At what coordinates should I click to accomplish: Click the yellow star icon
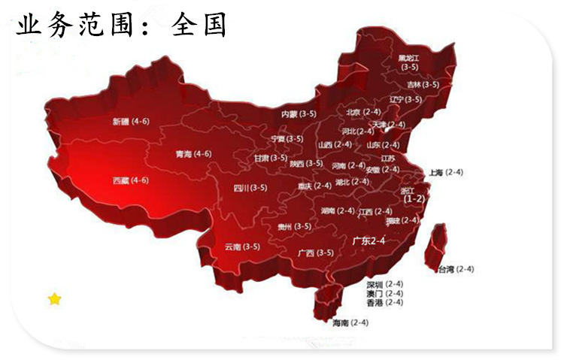[x=54, y=299]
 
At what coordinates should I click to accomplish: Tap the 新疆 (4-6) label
[x=130, y=121]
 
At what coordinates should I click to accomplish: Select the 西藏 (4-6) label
[x=130, y=180]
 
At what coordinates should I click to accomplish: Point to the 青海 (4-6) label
[x=193, y=154]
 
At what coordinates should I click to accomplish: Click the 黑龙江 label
[x=410, y=58]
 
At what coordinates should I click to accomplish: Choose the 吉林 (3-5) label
[x=418, y=85]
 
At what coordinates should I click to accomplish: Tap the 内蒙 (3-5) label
[x=299, y=114]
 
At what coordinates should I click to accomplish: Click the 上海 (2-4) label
[x=446, y=172]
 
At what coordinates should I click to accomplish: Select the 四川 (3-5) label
[x=249, y=188]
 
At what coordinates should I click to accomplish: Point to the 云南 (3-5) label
[x=242, y=247]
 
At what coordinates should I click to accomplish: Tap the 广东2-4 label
[x=368, y=241]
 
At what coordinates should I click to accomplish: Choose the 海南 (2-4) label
[x=350, y=322]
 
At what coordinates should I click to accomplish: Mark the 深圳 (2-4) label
[x=385, y=285]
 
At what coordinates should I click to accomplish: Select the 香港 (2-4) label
[x=385, y=302]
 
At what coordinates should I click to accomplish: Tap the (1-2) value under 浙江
[x=414, y=199]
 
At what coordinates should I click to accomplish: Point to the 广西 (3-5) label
[x=315, y=253]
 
